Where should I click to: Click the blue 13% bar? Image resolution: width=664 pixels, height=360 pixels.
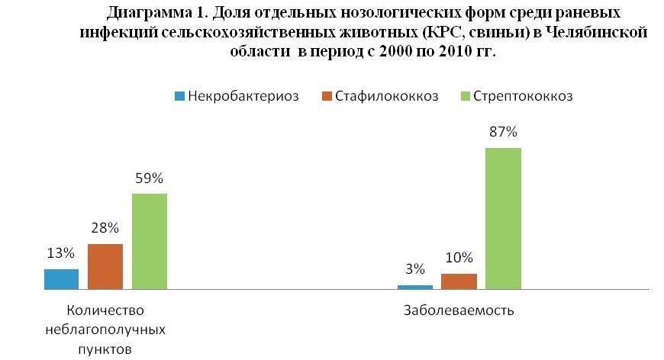61,279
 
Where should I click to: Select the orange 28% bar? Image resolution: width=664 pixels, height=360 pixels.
105,266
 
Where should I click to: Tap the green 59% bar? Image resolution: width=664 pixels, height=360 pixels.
150,241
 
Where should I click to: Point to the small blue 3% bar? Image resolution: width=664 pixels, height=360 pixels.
415,287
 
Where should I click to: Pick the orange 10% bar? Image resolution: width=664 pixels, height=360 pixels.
459,281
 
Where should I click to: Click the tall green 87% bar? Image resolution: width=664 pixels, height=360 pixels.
503,218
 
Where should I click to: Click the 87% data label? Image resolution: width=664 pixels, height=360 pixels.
504,132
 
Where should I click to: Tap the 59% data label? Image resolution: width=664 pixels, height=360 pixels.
150,178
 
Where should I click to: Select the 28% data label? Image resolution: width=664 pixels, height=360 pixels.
105,228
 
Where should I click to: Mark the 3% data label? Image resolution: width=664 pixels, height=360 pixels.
415,269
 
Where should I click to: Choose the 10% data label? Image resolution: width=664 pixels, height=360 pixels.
459,258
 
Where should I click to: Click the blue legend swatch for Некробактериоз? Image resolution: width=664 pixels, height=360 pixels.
180,97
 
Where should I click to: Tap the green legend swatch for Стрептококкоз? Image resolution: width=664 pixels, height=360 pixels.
467,97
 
